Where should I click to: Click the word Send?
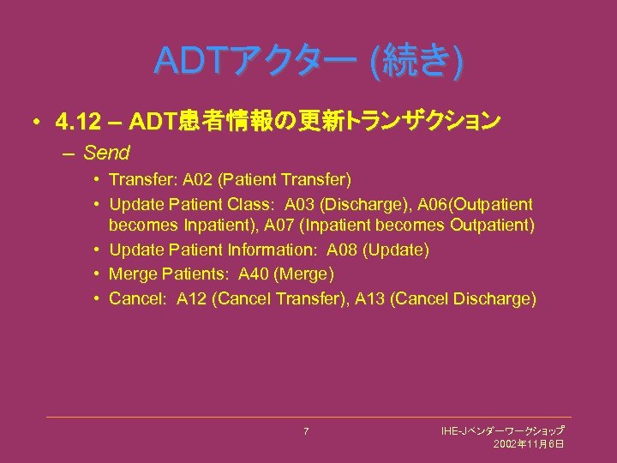coord(107,153)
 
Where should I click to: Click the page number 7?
coord(306,430)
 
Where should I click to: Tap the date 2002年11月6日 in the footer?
coord(529,443)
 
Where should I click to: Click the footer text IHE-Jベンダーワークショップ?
coord(502,430)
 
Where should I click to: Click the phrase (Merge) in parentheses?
coord(306,274)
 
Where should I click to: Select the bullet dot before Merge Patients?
coord(99,274)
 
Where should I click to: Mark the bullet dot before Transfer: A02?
coord(99,180)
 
